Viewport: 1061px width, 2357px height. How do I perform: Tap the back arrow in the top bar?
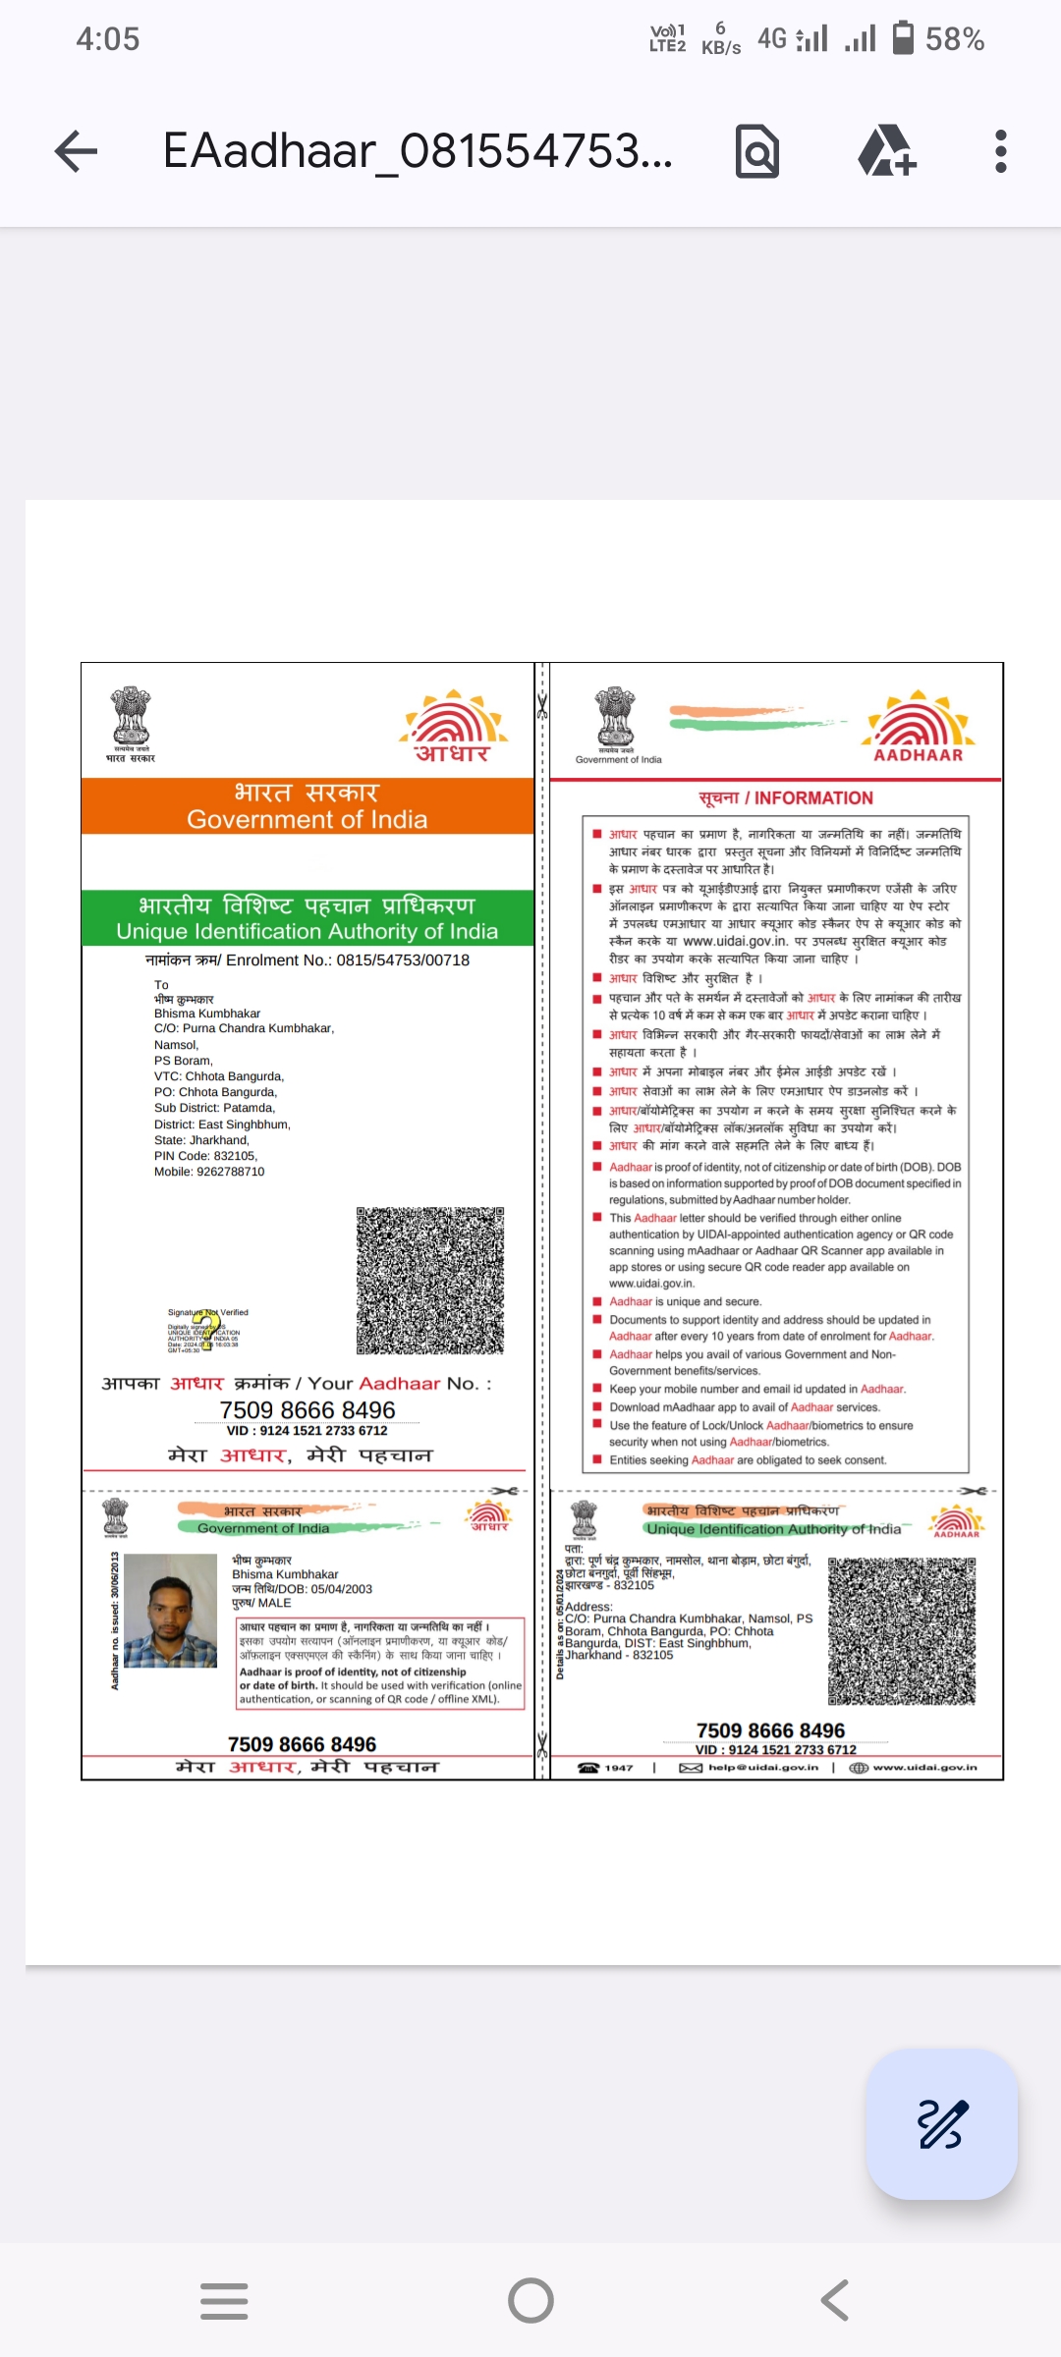pos(76,151)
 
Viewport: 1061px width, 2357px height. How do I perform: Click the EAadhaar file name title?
pos(418,151)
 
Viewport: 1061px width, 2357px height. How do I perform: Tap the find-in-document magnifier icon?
pos(757,152)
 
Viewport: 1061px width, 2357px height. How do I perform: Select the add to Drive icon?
pos(886,151)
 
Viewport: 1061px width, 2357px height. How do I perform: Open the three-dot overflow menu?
pos(1000,151)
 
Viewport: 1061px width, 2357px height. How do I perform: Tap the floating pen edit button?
pos(942,2124)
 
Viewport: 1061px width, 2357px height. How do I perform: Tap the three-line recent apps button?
pos(224,2300)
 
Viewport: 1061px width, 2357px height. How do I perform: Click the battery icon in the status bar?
pos(903,38)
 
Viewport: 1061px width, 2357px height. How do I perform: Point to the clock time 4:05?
pos(108,39)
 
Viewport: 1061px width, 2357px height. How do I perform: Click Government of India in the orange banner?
pos(307,820)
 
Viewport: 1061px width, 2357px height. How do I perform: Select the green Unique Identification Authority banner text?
pos(307,931)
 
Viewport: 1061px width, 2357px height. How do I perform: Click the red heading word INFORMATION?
pos(813,798)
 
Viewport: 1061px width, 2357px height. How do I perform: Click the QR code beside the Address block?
pos(902,1631)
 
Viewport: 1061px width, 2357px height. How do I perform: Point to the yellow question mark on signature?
pos(206,1330)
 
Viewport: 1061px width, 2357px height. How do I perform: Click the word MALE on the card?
pos(275,1603)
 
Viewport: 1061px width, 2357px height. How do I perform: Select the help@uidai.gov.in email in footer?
pos(762,1767)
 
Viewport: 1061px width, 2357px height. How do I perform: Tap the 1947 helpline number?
pos(618,1768)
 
